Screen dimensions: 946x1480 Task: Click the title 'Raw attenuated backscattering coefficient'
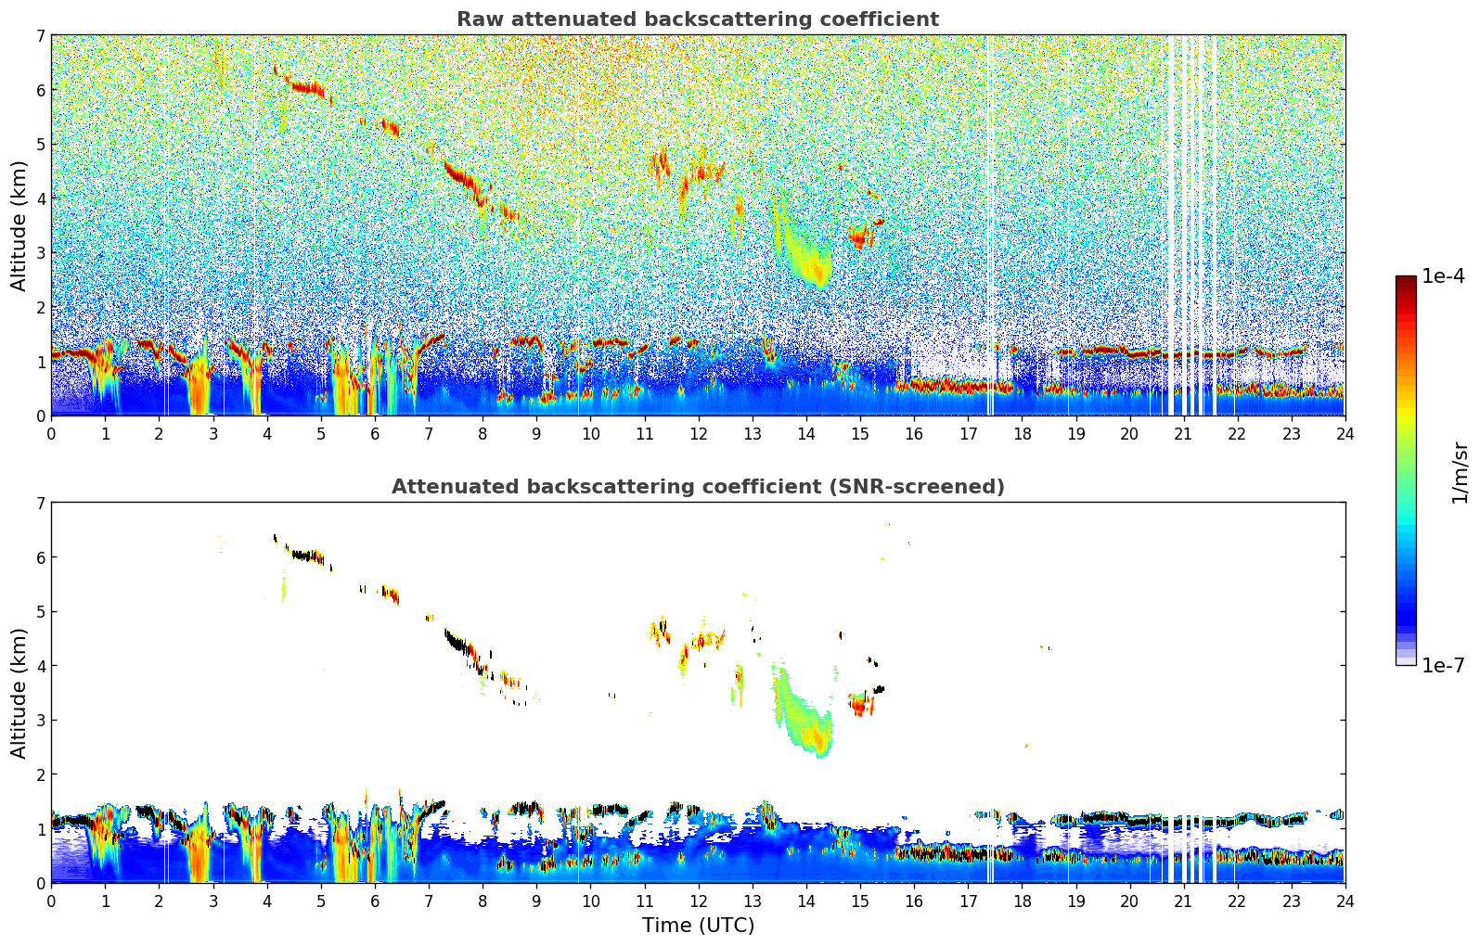pyautogui.click(x=697, y=19)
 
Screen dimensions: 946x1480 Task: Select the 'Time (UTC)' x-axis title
pyautogui.click(x=698, y=926)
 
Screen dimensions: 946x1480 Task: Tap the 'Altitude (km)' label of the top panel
pyautogui.click(x=19, y=225)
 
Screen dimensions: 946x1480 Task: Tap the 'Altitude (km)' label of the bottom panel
pyautogui.click(x=19, y=693)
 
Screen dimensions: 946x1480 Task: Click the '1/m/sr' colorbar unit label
pyautogui.click(x=1460, y=471)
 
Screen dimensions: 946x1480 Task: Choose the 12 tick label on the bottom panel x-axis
pyautogui.click(x=698, y=901)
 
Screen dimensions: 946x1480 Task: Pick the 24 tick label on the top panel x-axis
pyautogui.click(x=1345, y=434)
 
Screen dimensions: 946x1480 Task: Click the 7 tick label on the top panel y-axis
pyautogui.click(x=41, y=36)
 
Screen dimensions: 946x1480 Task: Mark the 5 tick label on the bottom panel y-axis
pyautogui.click(x=41, y=612)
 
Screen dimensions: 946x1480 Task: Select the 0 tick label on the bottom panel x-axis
pyautogui.click(x=51, y=901)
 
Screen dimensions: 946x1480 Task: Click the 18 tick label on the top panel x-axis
pyautogui.click(x=1022, y=434)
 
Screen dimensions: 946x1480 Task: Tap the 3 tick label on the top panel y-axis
pyautogui.click(x=41, y=253)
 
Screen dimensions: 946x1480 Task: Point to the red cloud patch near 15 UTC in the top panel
pyautogui.click(x=859, y=239)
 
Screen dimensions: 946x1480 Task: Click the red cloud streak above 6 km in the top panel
pyautogui.click(x=306, y=87)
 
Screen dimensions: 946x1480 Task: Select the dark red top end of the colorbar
pyautogui.click(x=1405, y=280)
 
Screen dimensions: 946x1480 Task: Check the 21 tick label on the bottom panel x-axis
pyautogui.click(x=1183, y=901)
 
